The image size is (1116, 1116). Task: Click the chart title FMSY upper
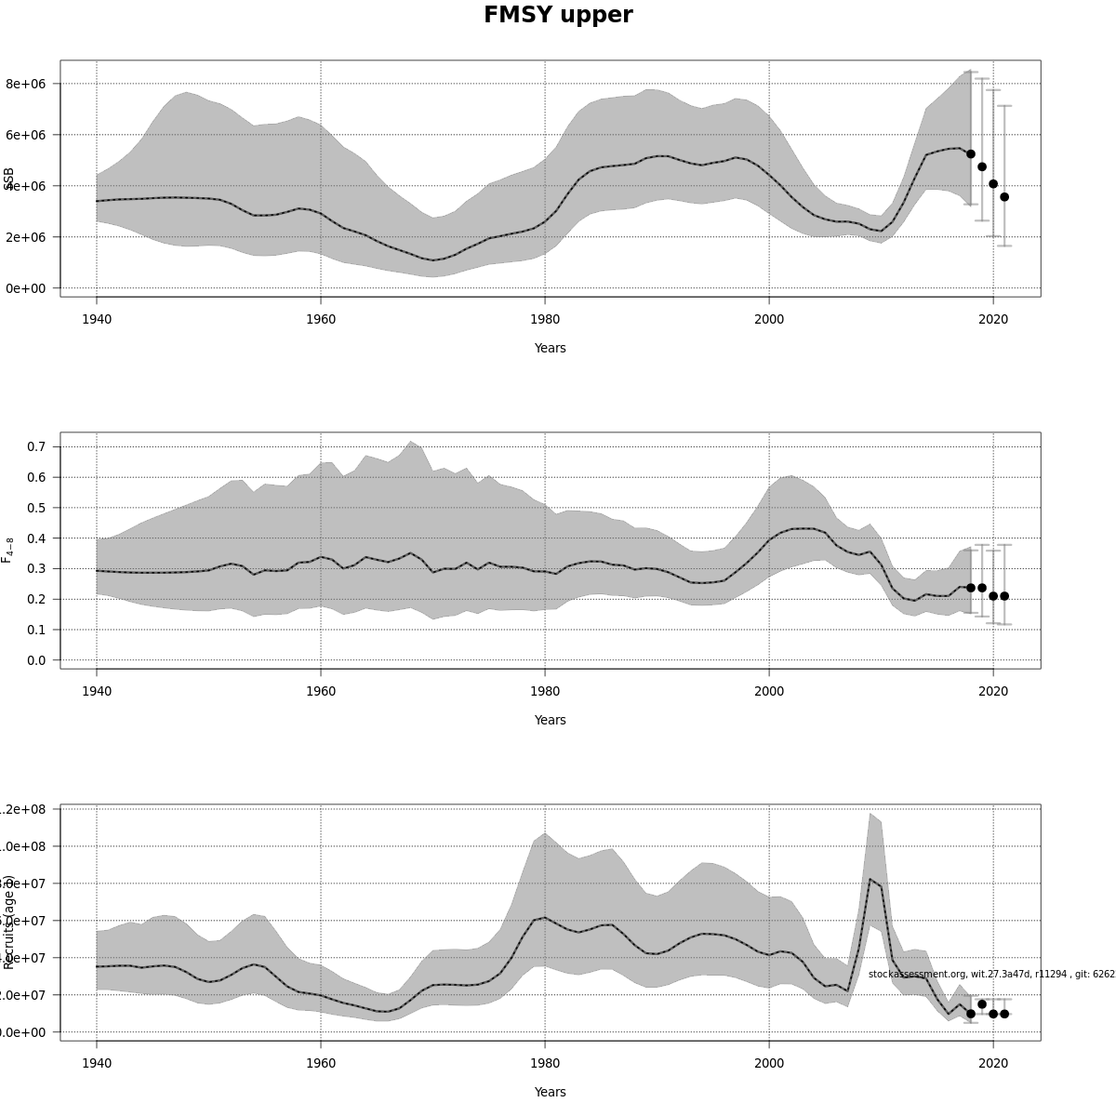coord(558,15)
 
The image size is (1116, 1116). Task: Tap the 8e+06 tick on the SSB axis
coord(26,84)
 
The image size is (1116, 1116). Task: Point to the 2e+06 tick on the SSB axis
coord(26,237)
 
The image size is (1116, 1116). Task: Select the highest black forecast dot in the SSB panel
coord(971,153)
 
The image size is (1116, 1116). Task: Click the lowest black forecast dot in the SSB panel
coord(1004,197)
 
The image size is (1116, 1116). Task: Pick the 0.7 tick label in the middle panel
coord(37,446)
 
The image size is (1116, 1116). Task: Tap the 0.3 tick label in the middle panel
coord(37,568)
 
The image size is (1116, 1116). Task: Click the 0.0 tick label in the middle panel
coord(37,660)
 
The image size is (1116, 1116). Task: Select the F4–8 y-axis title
coord(8,550)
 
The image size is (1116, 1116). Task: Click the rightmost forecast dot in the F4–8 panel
coord(1004,596)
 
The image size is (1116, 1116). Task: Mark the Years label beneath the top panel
coord(550,348)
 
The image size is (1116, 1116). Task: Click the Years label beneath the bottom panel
coord(550,1092)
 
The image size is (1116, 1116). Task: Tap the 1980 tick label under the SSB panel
coord(545,319)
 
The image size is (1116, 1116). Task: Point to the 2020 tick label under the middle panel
coord(993,691)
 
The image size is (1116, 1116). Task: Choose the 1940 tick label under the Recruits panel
coord(97,1063)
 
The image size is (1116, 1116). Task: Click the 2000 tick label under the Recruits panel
coord(769,1063)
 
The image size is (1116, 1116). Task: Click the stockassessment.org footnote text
coord(990,974)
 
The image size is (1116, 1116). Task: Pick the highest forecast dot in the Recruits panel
coord(982,1004)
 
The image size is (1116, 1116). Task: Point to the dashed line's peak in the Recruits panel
coord(870,879)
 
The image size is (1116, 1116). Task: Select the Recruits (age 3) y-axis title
coord(9,922)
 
